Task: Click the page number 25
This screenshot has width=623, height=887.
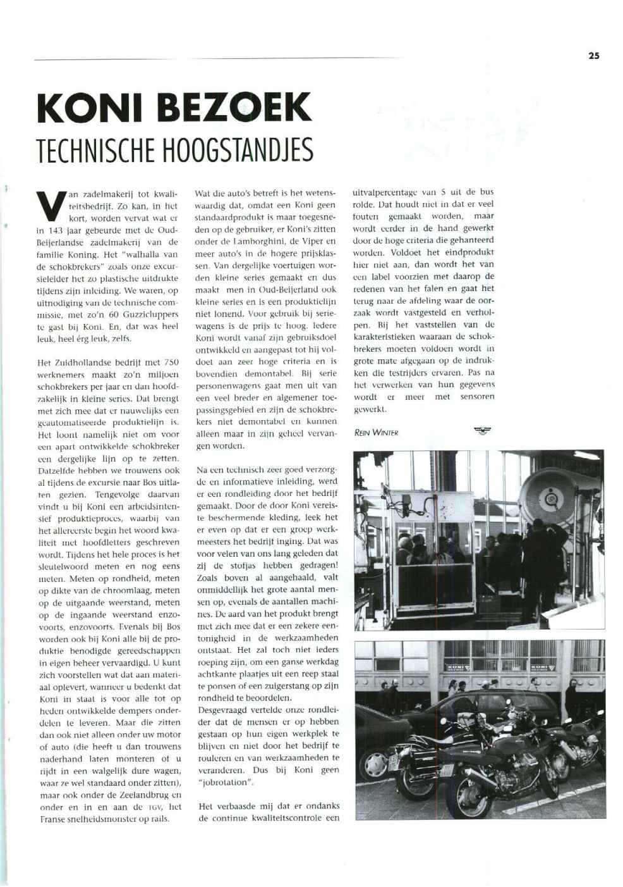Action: click(593, 56)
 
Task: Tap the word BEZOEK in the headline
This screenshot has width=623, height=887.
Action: click(234, 108)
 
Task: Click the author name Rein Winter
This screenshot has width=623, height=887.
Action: click(376, 433)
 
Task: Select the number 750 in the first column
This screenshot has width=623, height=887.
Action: click(171, 363)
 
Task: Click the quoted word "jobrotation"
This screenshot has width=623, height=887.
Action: click(226, 782)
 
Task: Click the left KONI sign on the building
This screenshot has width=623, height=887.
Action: click(458, 667)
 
